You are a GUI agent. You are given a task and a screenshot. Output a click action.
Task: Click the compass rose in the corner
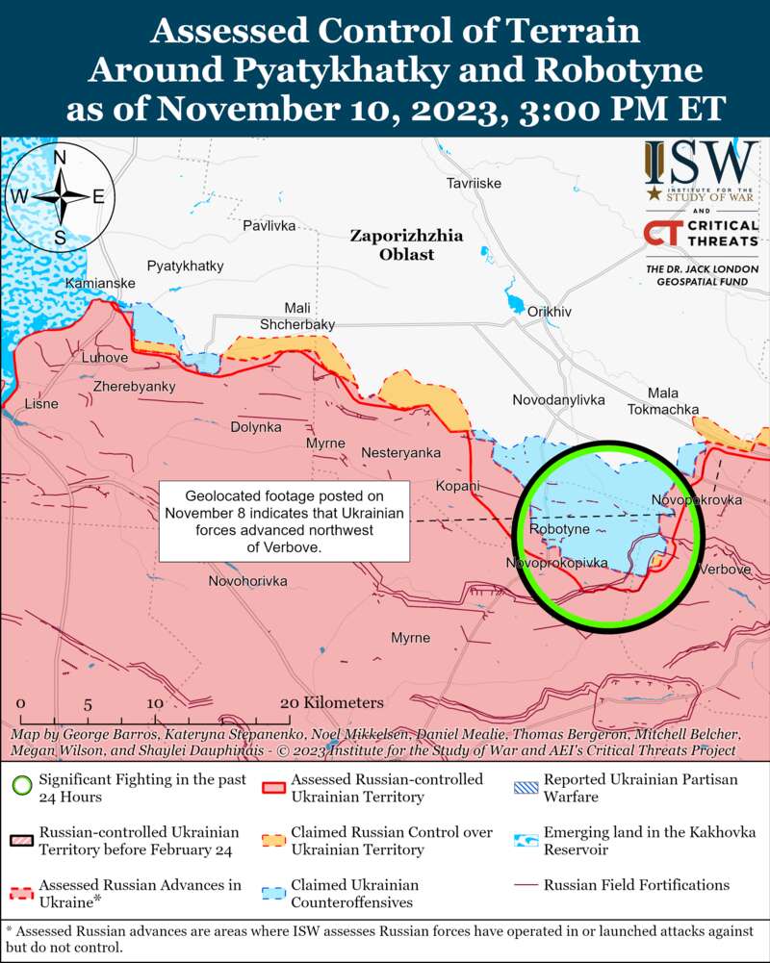tap(60, 196)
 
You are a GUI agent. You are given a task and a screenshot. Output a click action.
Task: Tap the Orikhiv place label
tap(550, 312)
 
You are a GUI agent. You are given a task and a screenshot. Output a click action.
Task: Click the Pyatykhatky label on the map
tap(185, 266)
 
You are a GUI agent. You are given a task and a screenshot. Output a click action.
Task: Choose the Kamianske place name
tap(100, 284)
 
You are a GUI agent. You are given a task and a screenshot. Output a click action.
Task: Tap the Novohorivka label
tap(248, 581)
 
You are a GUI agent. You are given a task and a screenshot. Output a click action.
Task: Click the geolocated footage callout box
tap(284, 520)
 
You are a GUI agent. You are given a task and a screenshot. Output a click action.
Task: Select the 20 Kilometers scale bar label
tap(332, 703)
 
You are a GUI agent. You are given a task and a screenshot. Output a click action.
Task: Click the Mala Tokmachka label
tap(659, 401)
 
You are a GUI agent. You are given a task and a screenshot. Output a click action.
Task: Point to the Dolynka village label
tap(256, 426)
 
